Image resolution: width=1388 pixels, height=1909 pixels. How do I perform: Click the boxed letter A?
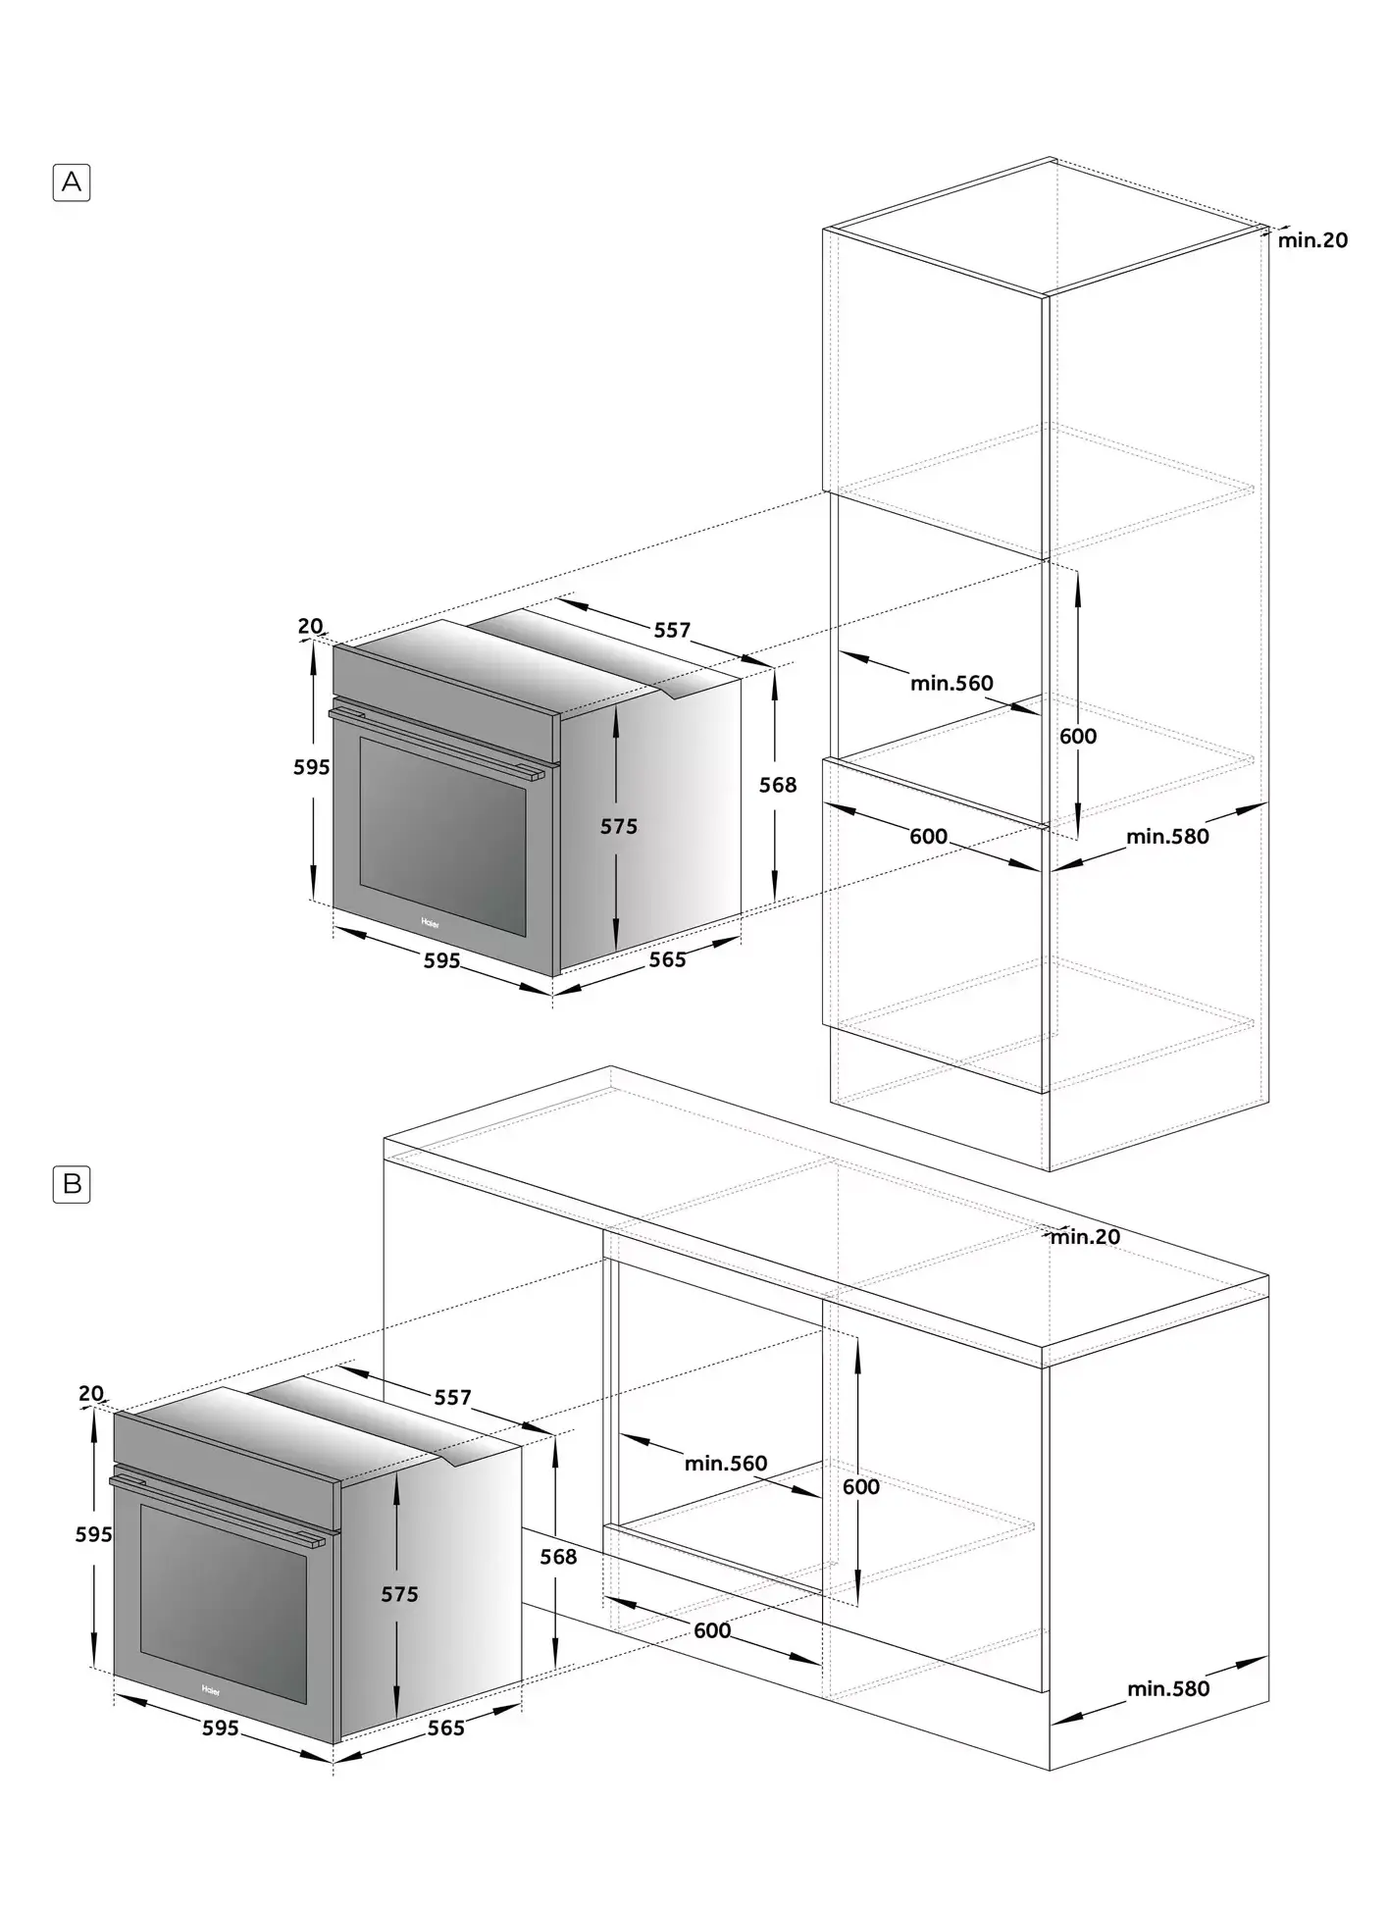[72, 182]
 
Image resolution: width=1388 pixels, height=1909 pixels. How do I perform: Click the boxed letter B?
[72, 1184]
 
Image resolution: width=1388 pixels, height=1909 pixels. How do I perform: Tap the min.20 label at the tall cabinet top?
[1312, 239]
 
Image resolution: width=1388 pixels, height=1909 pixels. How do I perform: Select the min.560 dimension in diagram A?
[951, 683]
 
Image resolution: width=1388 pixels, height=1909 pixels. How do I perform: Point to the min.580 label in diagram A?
[1167, 836]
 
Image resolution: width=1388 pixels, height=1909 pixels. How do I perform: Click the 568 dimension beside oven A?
[778, 785]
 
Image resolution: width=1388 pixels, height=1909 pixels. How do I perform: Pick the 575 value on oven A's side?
[619, 827]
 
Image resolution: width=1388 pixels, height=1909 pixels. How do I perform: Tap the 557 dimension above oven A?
[672, 630]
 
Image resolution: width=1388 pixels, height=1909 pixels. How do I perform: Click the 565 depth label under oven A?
[667, 959]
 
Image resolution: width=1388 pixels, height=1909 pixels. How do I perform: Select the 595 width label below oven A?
[441, 960]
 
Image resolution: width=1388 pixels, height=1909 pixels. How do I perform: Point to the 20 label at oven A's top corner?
[310, 626]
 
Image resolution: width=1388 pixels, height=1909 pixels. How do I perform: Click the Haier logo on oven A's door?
[431, 923]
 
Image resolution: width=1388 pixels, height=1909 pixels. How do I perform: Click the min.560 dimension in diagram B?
[726, 1464]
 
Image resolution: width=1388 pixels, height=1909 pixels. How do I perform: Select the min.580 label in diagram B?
[1168, 1688]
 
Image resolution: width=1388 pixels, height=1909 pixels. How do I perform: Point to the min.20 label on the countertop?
[1085, 1237]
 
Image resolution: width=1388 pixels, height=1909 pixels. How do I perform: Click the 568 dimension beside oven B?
[558, 1556]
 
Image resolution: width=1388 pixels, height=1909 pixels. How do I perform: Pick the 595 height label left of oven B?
[94, 1534]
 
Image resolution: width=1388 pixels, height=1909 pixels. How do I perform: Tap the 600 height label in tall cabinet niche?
[1078, 736]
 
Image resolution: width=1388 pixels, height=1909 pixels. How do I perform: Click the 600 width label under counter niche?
[712, 1629]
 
